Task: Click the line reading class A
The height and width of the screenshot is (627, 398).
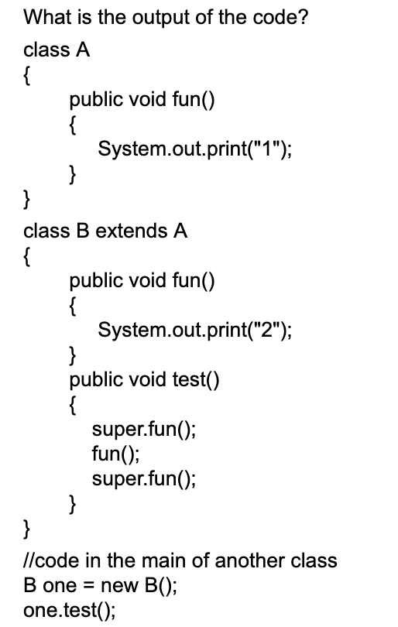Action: pyautogui.click(x=57, y=51)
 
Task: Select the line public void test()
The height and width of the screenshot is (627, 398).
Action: pyautogui.click(x=145, y=379)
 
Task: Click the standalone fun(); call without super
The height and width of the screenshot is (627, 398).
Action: pyautogui.click(x=116, y=454)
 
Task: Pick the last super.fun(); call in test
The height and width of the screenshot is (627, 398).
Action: pyautogui.click(x=144, y=478)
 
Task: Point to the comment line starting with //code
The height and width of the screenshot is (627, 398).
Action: pyautogui.click(x=180, y=560)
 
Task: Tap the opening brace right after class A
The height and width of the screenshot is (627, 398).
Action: pyautogui.click(x=28, y=76)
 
